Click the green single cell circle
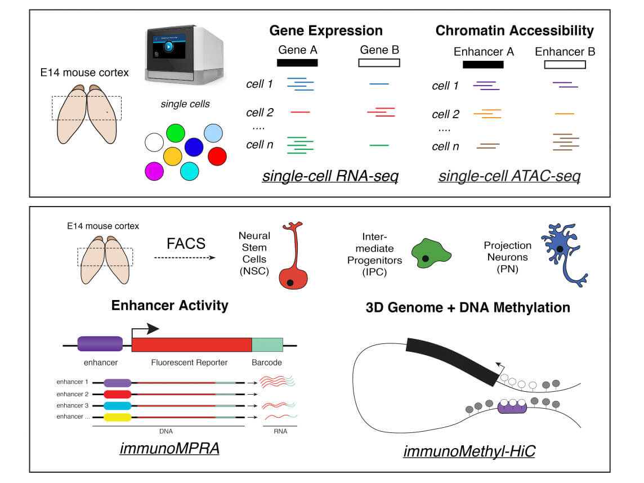point(176,133)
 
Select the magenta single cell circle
point(154,171)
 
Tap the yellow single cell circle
point(172,156)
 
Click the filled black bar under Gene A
point(297,62)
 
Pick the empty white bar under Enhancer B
point(565,64)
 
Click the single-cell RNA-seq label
point(330,177)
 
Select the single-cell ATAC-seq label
point(509,177)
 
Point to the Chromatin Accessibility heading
point(514,30)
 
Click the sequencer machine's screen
point(167,47)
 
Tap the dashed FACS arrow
point(185,258)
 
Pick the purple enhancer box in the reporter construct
point(100,344)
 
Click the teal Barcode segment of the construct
point(267,345)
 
